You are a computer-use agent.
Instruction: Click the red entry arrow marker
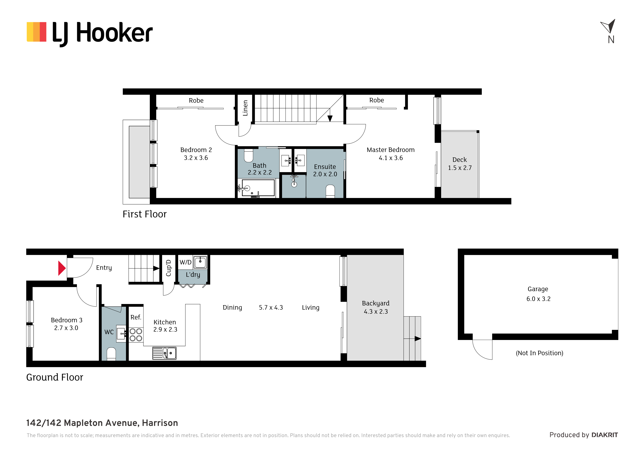(x=62, y=268)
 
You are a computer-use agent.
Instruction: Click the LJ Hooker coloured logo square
(x=37, y=32)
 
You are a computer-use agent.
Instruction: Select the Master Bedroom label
(x=390, y=150)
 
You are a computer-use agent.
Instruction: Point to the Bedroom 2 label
(x=196, y=150)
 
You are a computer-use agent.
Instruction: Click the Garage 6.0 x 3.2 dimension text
(x=538, y=299)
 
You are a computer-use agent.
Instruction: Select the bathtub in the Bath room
(x=258, y=188)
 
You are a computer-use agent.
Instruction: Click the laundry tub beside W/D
(x=200, y=262)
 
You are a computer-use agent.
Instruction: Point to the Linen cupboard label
(x=245, y=108)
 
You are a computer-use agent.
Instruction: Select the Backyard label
(x=376, y=303)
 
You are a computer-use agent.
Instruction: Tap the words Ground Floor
(x=55, y=377)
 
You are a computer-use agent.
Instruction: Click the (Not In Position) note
(x=539, y=353)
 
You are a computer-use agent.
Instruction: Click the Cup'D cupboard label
(x=168, y=268)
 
